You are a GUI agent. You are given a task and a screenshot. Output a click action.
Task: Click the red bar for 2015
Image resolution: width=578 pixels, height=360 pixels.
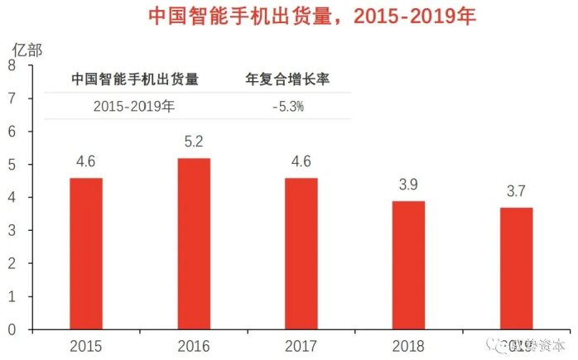[x=86, y=253]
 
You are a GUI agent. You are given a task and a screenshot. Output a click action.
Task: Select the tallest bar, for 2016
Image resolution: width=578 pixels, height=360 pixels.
[x=194, y=243]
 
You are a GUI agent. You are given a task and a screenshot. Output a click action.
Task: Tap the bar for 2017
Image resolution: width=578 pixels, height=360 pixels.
[x=301, y=253]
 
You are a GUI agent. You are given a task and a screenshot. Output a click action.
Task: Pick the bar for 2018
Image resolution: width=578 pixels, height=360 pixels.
[x=408, y=265]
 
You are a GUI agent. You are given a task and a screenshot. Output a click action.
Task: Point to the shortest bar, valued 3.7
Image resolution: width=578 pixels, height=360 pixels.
[x=516, y=268]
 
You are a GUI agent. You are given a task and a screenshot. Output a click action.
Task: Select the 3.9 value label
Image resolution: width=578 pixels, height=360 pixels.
[x=408, y=185]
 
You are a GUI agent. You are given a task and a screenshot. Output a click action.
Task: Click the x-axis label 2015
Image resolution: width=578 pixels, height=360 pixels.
[x=86, y=345]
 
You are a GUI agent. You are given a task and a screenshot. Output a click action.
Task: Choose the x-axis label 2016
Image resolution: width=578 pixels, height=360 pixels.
[x=194, y=345]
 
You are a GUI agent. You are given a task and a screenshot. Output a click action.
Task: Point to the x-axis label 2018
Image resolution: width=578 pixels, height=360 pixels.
[x=408, y=345]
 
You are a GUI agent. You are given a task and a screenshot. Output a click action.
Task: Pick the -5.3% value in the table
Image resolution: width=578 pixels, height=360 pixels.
[x=289, y=106]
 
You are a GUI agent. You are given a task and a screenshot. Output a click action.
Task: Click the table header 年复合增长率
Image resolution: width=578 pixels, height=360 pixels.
[x=289, y=79]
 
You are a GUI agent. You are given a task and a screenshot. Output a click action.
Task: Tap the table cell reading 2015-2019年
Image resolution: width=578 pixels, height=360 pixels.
[x=135, y=106]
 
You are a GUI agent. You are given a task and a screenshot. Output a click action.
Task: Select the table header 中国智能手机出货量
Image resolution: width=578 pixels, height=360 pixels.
[x=135, y=79]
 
